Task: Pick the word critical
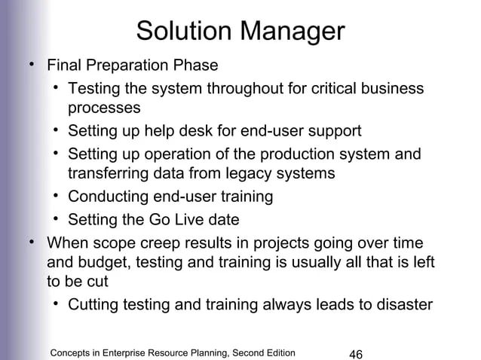[x=335, y=89]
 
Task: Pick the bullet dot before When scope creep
[x=32, y=242]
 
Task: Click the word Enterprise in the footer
[x=141, y=352]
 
